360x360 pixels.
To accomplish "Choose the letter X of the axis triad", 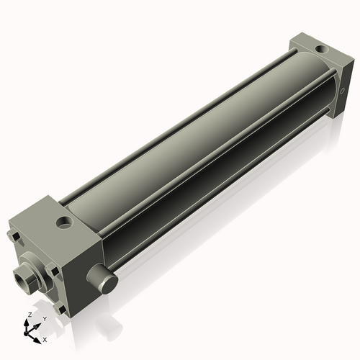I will point(45,338).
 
